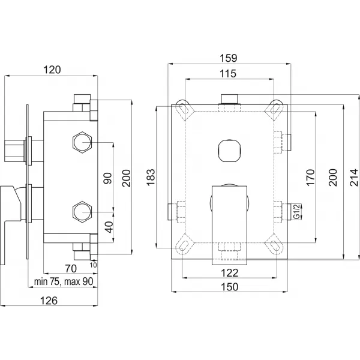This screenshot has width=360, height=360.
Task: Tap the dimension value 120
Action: (52, 70)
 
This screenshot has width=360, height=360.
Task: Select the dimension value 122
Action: (229, 273)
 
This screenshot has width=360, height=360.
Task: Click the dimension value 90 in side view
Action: (109, 178)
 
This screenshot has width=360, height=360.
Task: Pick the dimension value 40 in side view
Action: (109, 228)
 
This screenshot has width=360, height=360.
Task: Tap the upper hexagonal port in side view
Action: (81, 143)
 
